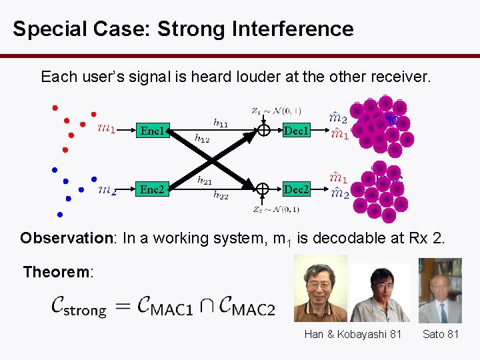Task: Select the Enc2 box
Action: pos(152,189)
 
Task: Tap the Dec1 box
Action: pos(295,131)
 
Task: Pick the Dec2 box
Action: pos(295,189)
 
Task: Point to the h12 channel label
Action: pos(202,139)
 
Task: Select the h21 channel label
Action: pos(205,180)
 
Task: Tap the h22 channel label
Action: pos(220,195)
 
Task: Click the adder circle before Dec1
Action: pos(263,131)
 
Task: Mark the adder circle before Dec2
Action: pos(263,189)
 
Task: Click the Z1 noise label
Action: pos(275,111)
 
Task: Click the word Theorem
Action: pos(57,272)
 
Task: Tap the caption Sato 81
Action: pos(441,334)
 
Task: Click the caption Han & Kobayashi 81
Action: pos(353,334)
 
